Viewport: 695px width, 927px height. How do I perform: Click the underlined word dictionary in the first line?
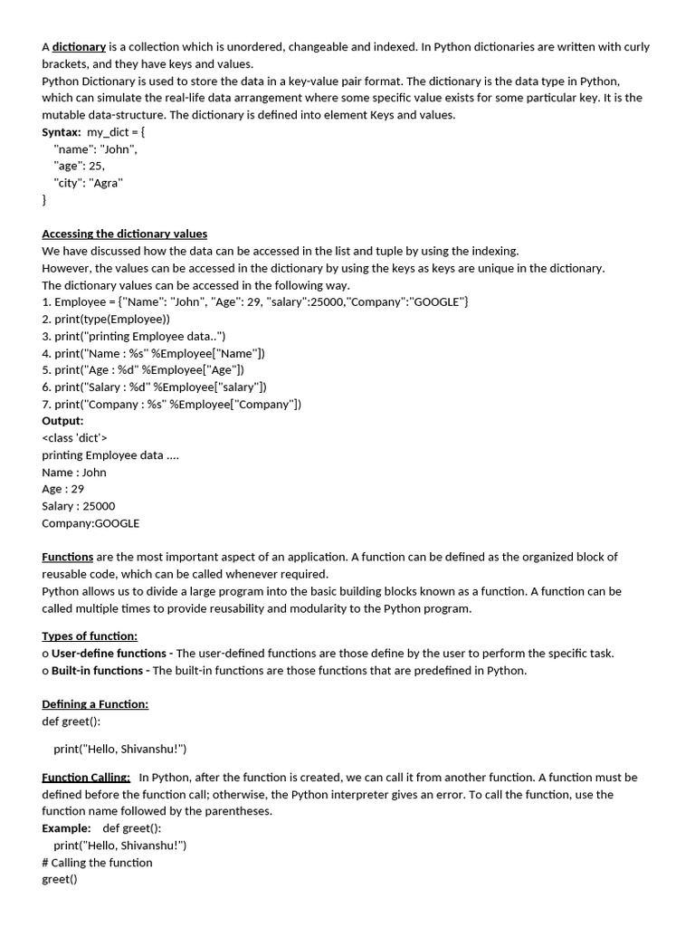pos(79,47)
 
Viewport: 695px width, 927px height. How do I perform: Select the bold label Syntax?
pos(62,132)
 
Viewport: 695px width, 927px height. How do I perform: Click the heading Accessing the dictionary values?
pos(125,234)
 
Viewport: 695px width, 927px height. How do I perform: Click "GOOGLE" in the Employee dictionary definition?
pos(438,301)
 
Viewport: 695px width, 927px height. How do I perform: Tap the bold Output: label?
pos(62,421)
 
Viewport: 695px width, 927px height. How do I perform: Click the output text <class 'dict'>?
pos(75,438)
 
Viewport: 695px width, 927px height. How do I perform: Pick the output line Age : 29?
pos(63,489)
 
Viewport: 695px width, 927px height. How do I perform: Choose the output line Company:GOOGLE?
pos(90,523)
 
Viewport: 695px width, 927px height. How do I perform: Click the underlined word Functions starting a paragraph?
pos(68,558)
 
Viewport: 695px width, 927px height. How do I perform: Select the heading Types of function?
pos(90,636)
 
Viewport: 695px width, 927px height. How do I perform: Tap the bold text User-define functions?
pos(109,654)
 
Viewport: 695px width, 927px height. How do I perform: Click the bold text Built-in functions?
pos(97,671)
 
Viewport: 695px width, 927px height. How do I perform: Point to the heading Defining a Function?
pos(95,704)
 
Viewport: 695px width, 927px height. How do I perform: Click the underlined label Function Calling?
pos(86,778)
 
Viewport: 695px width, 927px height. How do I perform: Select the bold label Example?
pos(66,828)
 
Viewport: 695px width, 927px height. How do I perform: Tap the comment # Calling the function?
pos(98,863)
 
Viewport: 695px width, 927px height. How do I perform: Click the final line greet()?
pos(60,880)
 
